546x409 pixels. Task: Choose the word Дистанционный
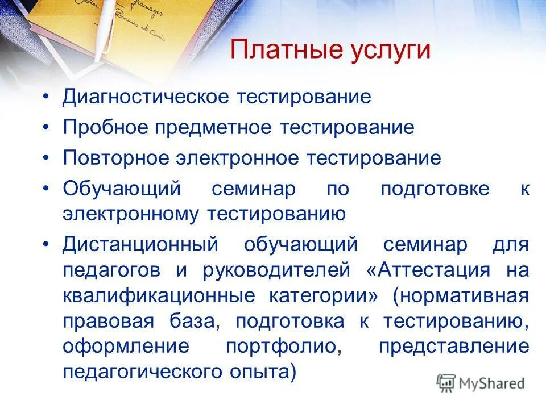[x=140, y=245]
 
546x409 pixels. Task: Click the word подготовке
[x=435, y=189]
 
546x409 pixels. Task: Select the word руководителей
[x=276, y=270]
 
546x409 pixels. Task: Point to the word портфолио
[x=283, y=347]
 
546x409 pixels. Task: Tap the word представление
[x=454, y=347]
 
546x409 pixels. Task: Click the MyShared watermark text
[x=492, y=383]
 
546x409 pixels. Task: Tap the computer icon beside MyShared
[x=446, y=383]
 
